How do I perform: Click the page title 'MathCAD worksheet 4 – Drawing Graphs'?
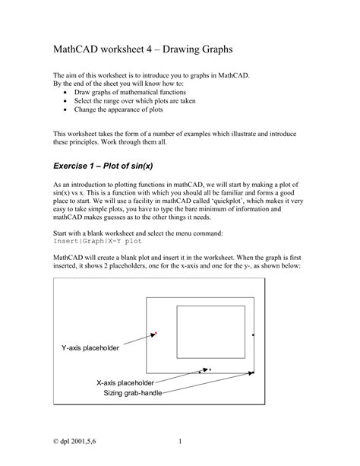coord(142,49)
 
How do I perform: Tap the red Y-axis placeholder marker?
coord(156,332)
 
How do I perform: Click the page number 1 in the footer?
coord(180,442)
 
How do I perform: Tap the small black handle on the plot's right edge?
coord(253,333)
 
